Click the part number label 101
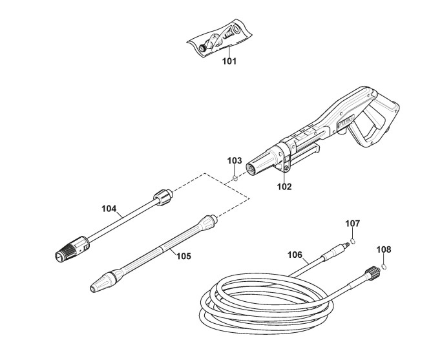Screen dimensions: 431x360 [229, 62]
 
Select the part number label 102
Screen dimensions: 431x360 [284, 187]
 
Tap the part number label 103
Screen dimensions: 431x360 [235, 160]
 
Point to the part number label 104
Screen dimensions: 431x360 [109, 209]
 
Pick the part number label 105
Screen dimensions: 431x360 [184, 255]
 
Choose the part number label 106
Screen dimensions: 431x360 [295, 255]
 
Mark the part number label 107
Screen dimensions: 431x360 [352, 223]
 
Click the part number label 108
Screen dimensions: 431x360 [383, 249]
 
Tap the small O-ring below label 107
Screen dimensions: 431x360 [353, 241]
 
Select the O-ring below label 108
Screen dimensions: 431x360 [383, 265]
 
